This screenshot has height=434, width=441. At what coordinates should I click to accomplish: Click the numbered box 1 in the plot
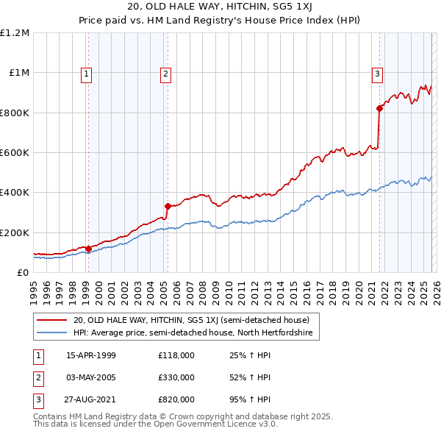click(x=87, y=73)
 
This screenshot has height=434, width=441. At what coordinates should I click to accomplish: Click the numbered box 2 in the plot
click(x=166, y=73)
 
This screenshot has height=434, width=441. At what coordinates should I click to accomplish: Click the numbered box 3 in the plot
click(x=377, y=73)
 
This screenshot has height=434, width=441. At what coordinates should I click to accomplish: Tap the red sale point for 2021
click(x=379, y=109)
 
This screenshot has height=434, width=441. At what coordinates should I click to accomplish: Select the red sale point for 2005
click(x=168, y=207)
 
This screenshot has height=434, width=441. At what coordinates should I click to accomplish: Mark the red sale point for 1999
click(x=89, y=249)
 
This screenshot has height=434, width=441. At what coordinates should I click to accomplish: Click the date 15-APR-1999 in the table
click(x=90, y=356)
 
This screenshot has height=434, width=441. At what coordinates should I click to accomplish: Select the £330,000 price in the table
click(x=176, y=377)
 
